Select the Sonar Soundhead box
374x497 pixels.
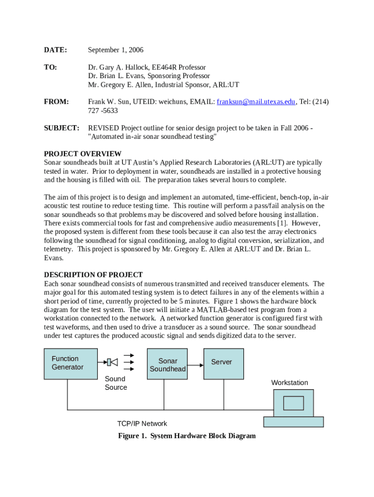pos(168,364)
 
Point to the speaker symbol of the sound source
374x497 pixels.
pos(113,362)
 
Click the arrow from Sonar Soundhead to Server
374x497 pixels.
pos(196,365)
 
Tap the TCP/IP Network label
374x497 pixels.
pos(142,424)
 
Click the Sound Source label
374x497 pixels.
pos(116,383)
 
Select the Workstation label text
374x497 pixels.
pos(289,383)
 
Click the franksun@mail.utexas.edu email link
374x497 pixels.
pos(256,102)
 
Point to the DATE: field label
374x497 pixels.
pos(55,50)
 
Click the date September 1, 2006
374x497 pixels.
pos(116,50)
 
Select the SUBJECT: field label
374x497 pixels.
pos(61,128)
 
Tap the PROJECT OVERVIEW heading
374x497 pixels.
pos(83,154)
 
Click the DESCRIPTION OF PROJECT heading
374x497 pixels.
pos(93,275)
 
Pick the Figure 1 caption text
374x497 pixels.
pos(187,436)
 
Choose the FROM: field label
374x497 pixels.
pos(56,102)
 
